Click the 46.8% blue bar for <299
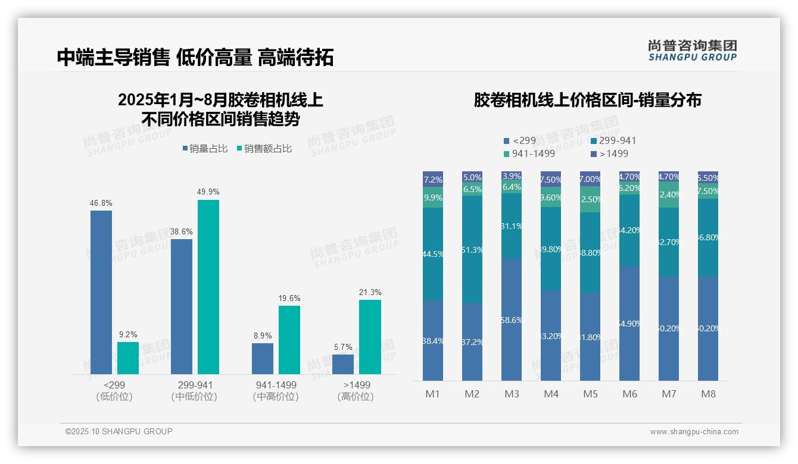(101, 291)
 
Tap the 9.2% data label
(128, 335)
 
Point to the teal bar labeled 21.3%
(370, 337)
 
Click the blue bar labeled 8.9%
(263, 359)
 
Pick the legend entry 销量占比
(205, 149)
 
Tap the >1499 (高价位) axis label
(356, 390)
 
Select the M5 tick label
(590, 394)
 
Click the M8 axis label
(708, 394)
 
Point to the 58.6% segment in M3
(512, 319)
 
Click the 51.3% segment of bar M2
(472, 249)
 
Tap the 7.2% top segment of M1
(433, 179)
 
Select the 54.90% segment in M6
(629, 323)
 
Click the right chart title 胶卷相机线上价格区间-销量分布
(587, 100)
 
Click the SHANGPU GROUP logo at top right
(692, 51)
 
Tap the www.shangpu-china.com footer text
(694, 432)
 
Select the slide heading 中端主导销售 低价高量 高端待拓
(195, 57)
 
